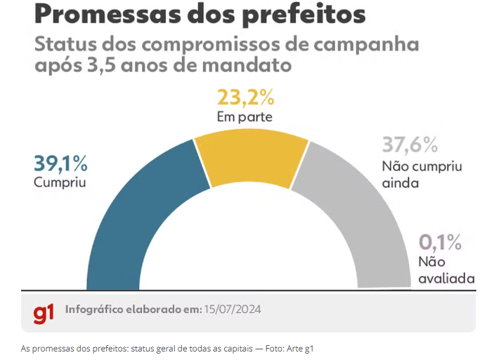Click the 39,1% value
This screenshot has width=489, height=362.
point(60,164)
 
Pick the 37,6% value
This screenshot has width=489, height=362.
point(410,145)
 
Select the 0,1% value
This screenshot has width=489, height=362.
point(441,243)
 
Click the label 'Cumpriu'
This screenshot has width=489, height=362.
point(56,182)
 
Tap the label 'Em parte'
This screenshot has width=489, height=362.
point(244,116)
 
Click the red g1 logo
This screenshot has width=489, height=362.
point(44,312)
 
